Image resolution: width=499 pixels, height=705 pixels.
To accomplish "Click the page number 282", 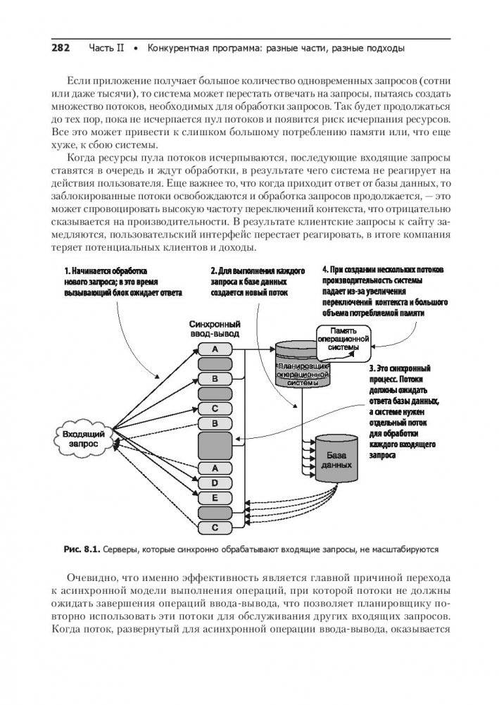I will pyautogui.click(x=61, y=49).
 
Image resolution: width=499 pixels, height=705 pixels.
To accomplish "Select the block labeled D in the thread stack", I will pyautogui.click(x=215, y=482).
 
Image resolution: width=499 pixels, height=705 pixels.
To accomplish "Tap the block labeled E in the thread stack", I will pyautogui.click(x=215, y=497).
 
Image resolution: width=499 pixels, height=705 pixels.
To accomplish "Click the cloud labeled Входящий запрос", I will pyautogui.click(x=84, y=439).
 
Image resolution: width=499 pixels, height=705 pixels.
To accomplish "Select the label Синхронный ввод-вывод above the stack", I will pyautogui.click(x=214, y=327).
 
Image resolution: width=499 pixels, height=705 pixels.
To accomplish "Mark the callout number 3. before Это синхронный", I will pyautogui.click(x=371, y=368).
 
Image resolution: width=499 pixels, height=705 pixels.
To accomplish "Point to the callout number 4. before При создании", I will pyautogui.click(x=324, y=270).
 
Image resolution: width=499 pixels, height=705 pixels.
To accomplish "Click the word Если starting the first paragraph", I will pyautogui.click(x=77, y=80).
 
